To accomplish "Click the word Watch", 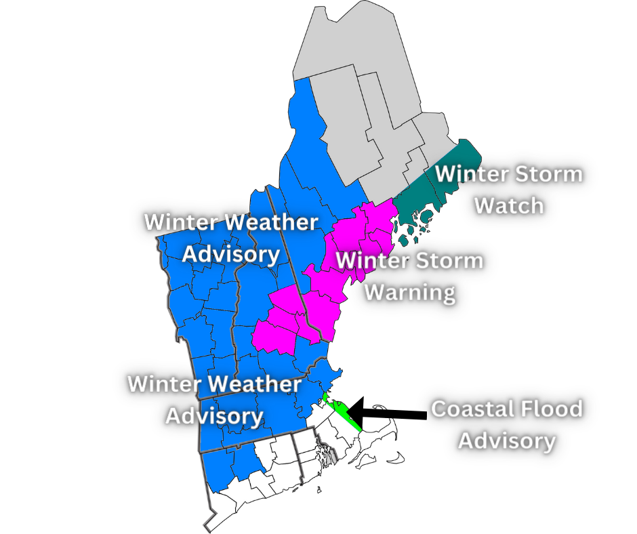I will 508,204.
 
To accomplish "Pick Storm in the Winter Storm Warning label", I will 445,260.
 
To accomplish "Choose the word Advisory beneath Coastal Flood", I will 506,440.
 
